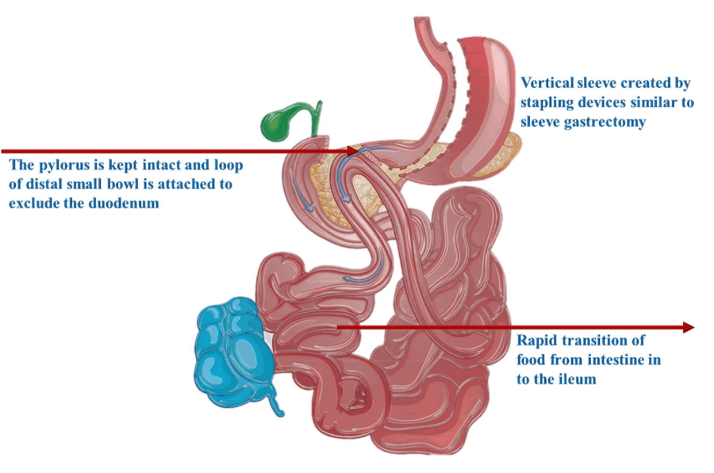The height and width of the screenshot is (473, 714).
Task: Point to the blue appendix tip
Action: pos(279,412)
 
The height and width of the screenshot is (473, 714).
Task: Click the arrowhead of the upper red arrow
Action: pos(353,151)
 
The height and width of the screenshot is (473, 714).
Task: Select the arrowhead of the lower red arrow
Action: pos(688,327)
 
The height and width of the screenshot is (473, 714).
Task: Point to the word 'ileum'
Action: pos(579,378)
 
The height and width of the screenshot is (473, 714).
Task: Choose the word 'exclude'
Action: pos(32,203)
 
